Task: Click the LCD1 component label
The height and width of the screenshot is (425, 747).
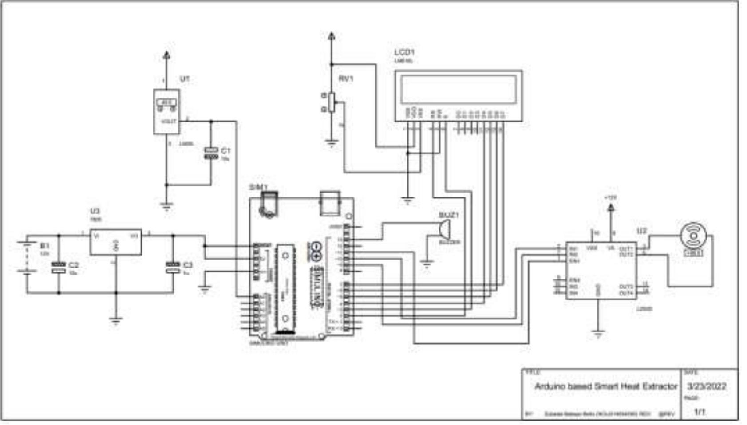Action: point(404,52)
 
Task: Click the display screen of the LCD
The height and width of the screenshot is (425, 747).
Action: point(458,89)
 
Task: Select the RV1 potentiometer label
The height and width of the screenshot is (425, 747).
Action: point(346,79)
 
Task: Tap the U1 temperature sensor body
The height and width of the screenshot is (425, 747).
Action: point(166,111)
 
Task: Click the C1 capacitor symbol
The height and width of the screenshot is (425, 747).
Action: point(211,153)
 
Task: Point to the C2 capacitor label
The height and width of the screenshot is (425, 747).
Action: point(73,265)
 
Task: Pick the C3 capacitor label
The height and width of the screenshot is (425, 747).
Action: point(188,265)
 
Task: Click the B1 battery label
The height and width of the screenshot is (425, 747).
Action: point(45,245)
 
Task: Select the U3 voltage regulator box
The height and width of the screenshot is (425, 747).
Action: point(115,242)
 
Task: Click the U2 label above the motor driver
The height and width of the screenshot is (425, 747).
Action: point(641,231)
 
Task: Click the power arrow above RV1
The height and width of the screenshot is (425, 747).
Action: point(331,36)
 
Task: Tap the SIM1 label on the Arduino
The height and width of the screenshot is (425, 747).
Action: point(258,187)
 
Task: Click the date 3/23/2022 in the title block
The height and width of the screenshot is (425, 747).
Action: point(707,386)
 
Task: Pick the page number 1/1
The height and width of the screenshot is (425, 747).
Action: point(700,412)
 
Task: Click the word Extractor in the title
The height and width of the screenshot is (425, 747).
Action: point(660,386)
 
